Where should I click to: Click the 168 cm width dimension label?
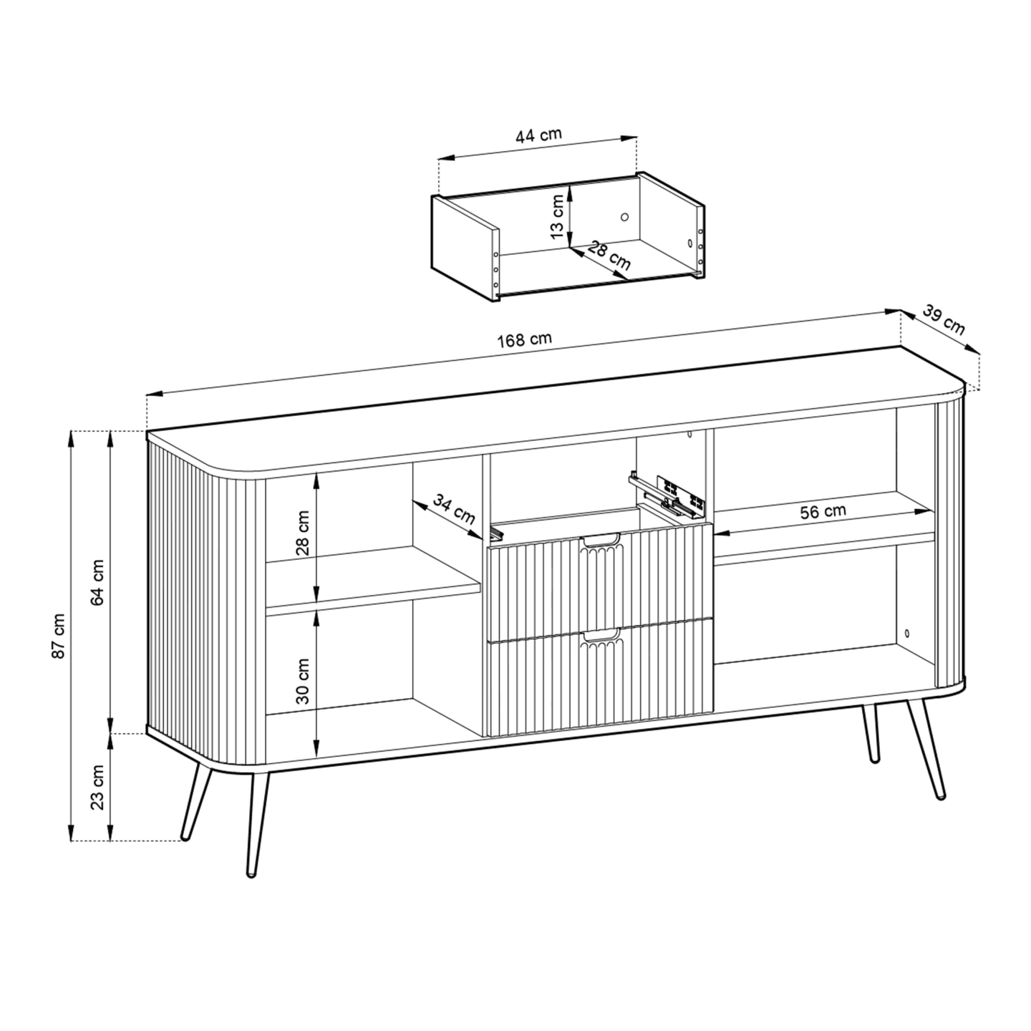pyautogui.click(x=524, y=341)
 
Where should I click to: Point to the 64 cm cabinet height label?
pyautogui.click(x=98, y=583)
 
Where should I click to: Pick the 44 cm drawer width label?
pyautogui.click(x=538, y=135)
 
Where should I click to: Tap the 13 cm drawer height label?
pyautogui.click(x=557, y=217)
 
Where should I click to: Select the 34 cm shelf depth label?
pyautogui.click(x=454, y=509)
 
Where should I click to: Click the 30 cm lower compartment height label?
pyautogui.click(x=303, y=681)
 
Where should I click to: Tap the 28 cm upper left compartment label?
pyautogui.click(x=303, y=533)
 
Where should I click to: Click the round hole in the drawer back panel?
pyautogui.click(x=624, y=217)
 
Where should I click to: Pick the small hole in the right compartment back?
pyautogui.click(x=906, y=633)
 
